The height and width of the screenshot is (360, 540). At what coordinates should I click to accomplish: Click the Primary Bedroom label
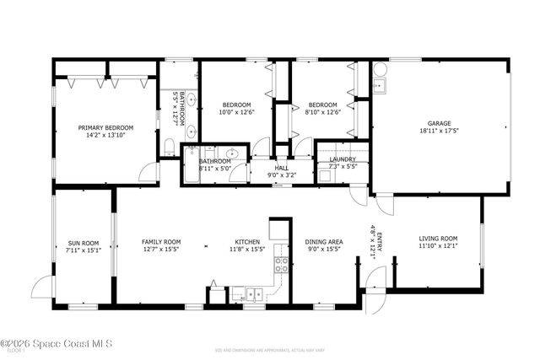pyautogui.click(x=105, y=128)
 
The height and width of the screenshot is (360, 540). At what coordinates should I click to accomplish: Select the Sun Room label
pyautogui.click(x=83, y=242)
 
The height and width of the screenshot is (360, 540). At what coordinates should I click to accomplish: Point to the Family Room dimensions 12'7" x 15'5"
pyautogui.click(x=160, y=250)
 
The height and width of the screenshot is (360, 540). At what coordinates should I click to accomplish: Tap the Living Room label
pyautogui.click(x=438, y=239)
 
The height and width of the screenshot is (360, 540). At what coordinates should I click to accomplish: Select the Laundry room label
pyautogui.click(x=342, y=159)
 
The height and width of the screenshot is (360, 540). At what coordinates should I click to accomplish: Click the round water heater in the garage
pyautogui.click(x=380, y=67)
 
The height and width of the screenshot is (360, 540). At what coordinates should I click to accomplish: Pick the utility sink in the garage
pyautogui.click(x=379, y=85)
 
